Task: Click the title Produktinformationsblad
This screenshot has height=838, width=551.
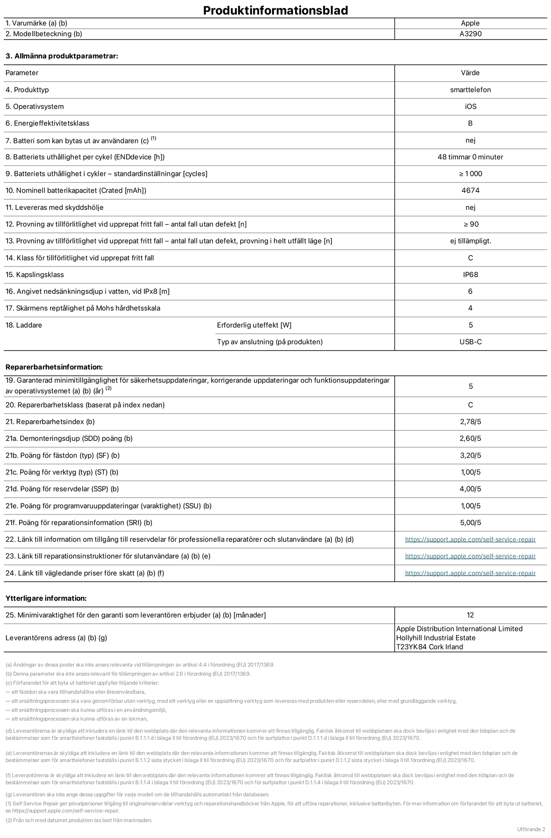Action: [275, 10]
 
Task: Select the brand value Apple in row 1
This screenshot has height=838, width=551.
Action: [470, 23]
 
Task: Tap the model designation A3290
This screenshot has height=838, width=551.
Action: [470, 34]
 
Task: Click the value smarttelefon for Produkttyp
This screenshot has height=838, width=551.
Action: [470, 90]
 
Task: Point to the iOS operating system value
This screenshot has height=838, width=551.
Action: [470, 107]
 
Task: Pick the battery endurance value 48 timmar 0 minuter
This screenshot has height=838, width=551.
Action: [470, 157]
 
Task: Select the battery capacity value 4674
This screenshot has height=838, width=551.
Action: [470, 190]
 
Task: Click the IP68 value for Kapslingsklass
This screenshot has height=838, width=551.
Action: [470, 275]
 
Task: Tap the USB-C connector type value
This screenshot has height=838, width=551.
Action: [470, 342]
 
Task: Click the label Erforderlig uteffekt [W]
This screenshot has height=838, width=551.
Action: [254, 325]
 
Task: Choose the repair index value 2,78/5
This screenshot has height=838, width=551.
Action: [470, 421]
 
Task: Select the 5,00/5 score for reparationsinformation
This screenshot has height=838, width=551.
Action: [470, 523]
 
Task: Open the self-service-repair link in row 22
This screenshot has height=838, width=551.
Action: [470, 539]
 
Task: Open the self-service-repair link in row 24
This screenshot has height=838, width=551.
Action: [470, 573]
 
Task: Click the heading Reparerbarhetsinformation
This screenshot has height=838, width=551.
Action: [54, 367]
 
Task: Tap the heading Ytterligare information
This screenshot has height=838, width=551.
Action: [46, 598]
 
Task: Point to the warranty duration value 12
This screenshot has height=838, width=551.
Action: [470, 615]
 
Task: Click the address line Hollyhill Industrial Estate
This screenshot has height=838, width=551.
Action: [436, 638]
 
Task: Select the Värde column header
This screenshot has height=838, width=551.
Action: [470, 73]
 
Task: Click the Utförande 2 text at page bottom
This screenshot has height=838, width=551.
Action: [531, 829]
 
